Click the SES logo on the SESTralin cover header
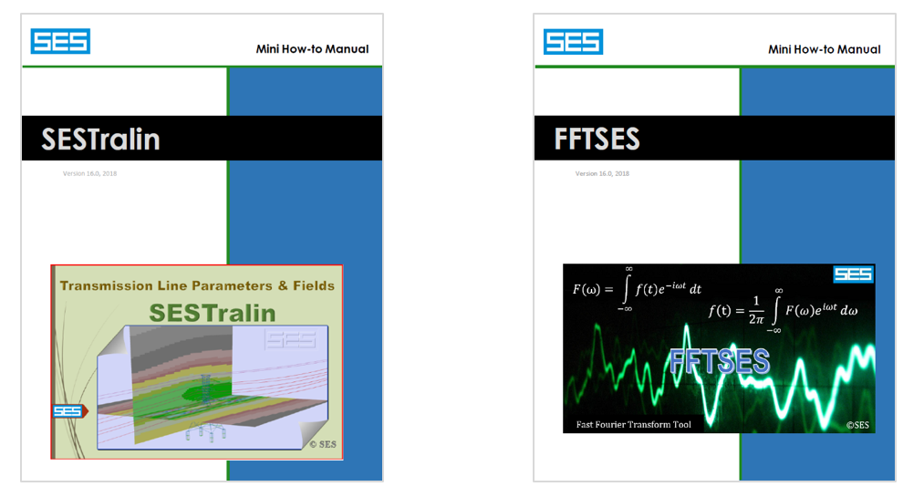click(x=60, y=41)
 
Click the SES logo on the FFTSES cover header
click(x=573, y=42)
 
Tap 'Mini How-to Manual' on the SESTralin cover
click(x=312, y=49)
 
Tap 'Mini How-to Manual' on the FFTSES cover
click(x=825, y=49)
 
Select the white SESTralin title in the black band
click(x=100, y=140)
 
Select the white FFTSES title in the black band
click(x=597, y=139)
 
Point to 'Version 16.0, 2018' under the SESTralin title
click(x=89, y=173)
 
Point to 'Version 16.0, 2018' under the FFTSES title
click(x=602, y=173)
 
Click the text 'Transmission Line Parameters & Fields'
click(x=197, y=285)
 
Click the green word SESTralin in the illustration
click(x=213, y=313)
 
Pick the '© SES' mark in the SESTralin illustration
click(x=323, y=445)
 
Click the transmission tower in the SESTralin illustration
click(x=206, y=388)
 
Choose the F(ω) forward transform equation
click(x=637, y=288)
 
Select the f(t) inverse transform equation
click(x=783, y=310)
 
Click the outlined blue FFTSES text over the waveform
click(x=720, y=361)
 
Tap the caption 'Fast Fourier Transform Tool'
click(x=633, y=425)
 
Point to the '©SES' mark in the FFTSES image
click(x=857, y=425)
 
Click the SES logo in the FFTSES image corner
click(x=853, y=274)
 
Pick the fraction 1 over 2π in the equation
click(x=756, y=310)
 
